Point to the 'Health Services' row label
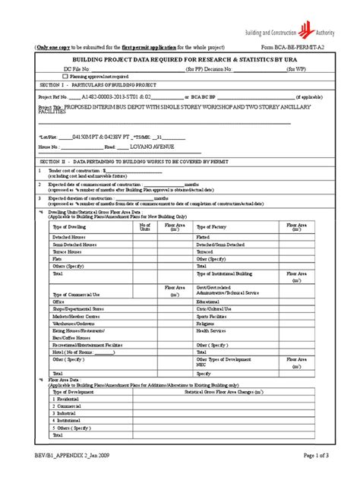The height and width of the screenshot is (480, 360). point(213,330)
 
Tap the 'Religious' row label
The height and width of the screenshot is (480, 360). point(207,322)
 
